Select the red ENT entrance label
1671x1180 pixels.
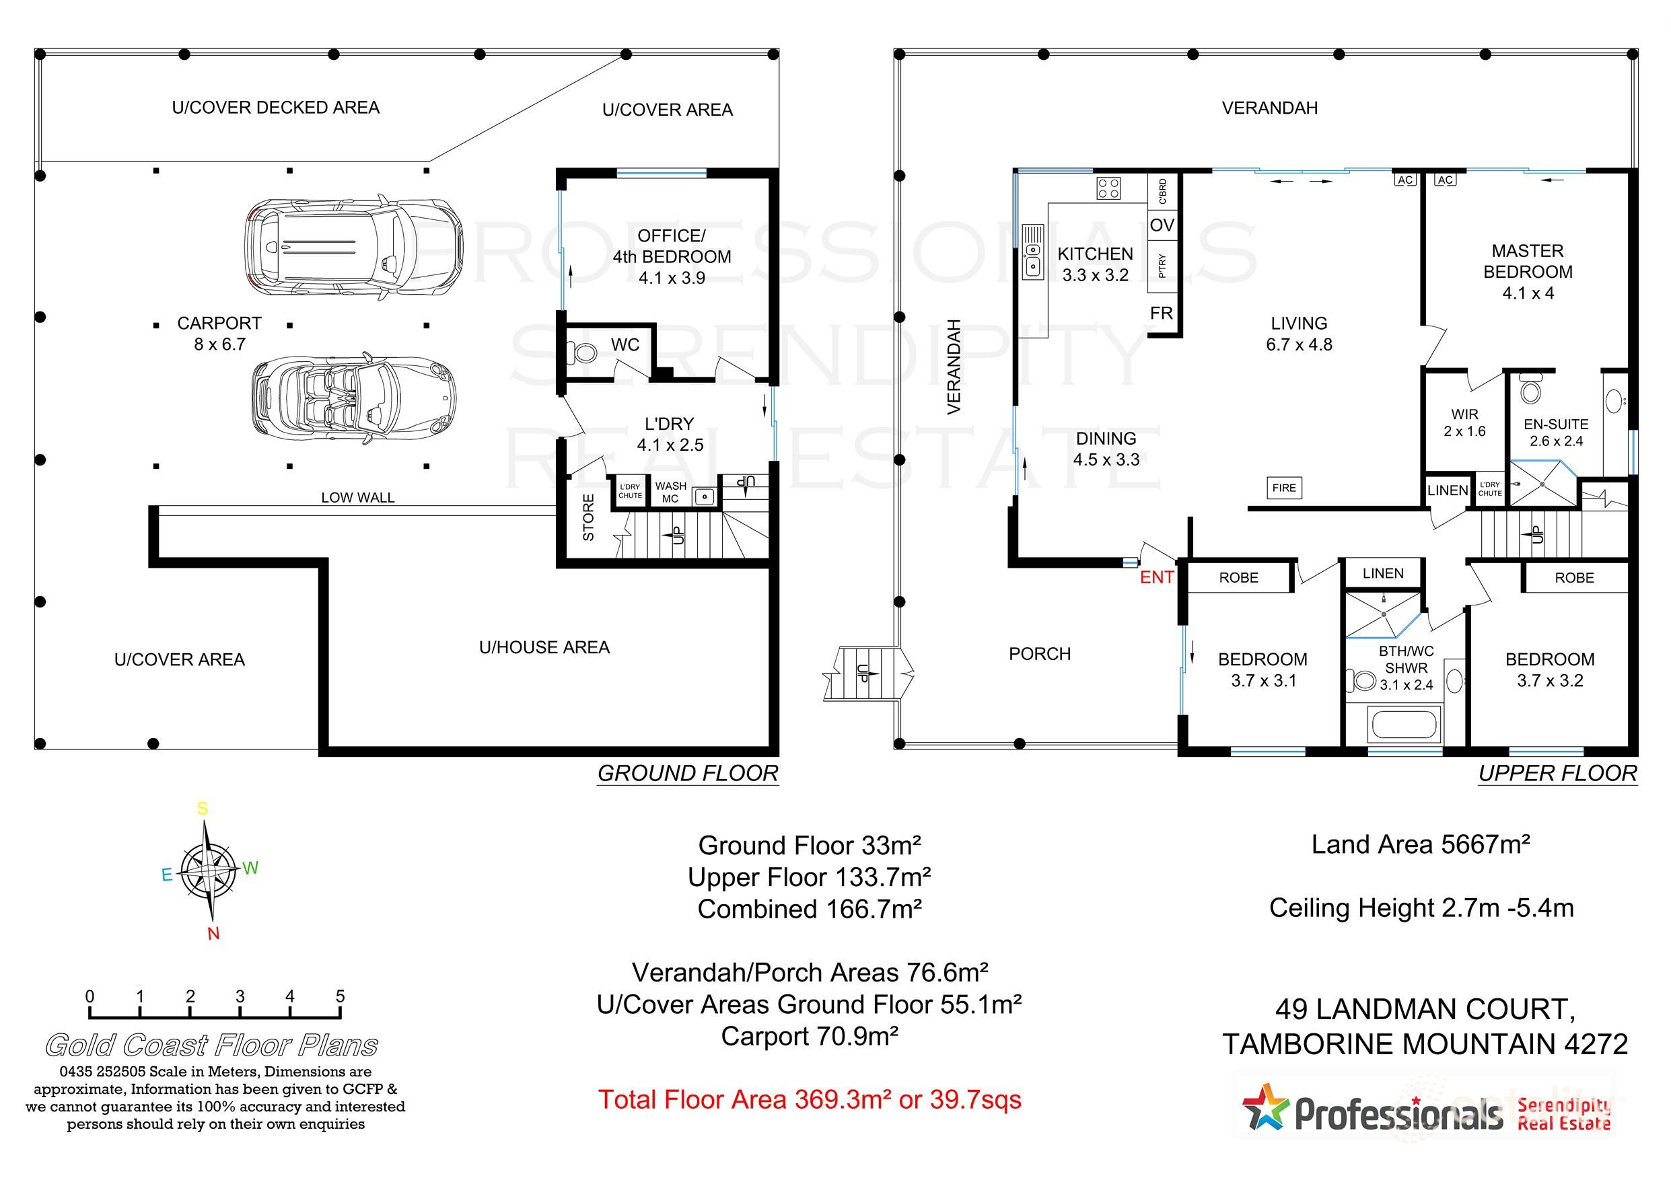pyautogui.click(x=1156, y=578)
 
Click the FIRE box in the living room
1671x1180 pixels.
pyautogui.click(x=1284, y=488)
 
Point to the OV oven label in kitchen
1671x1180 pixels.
pyautogui.click(x=1162, y=225)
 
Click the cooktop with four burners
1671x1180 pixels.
pyautogui.click(x=1108, y=188)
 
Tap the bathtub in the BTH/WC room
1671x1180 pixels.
pyautogui.click(x=1404, y=725)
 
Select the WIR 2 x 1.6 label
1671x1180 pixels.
pyautogui.click(x=1464, y=422)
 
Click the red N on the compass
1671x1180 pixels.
pyautogui.click(x=213, y=934)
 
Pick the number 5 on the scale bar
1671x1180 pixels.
pyautogui.click(x=340, y=996)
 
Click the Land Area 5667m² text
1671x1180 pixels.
pyautogui.click(x=1420, y=844)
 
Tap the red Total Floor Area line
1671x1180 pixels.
pyautogui.click(x=810, y=1099)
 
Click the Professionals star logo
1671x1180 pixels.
pyautogui.click(x=1266, y=1108)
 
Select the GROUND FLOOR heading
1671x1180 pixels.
pyautogui.click(x=688, y=774)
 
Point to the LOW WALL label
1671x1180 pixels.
pyautogui.click(x=357, y=498)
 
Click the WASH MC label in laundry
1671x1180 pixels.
pyautogui.click(x=670, y=492)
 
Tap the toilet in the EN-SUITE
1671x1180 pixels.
pyautogui.click(x=1531, y=391)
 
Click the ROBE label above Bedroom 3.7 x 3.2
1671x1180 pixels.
pyautogui.click(x=1574, y=578)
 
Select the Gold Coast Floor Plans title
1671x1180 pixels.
pyautogui.click(x=212, y=1045)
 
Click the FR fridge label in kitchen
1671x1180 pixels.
pyautogui.click(x=1162, y=313)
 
